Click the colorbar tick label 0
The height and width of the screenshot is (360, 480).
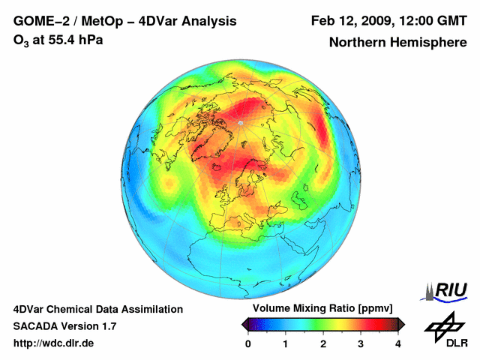point(248,343)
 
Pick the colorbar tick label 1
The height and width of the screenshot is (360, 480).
point(286,343)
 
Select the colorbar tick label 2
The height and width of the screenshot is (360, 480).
point(323,343)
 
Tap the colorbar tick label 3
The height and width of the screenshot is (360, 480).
point(361,343)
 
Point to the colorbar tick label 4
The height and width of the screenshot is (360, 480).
point(398,343)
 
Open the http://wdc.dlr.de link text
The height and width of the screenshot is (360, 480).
point(54,343)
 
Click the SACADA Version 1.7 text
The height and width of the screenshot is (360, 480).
point(64,326)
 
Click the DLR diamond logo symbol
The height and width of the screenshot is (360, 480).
point(443,324)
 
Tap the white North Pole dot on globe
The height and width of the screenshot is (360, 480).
point(240,122)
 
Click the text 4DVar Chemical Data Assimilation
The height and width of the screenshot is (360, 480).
point(97,308)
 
